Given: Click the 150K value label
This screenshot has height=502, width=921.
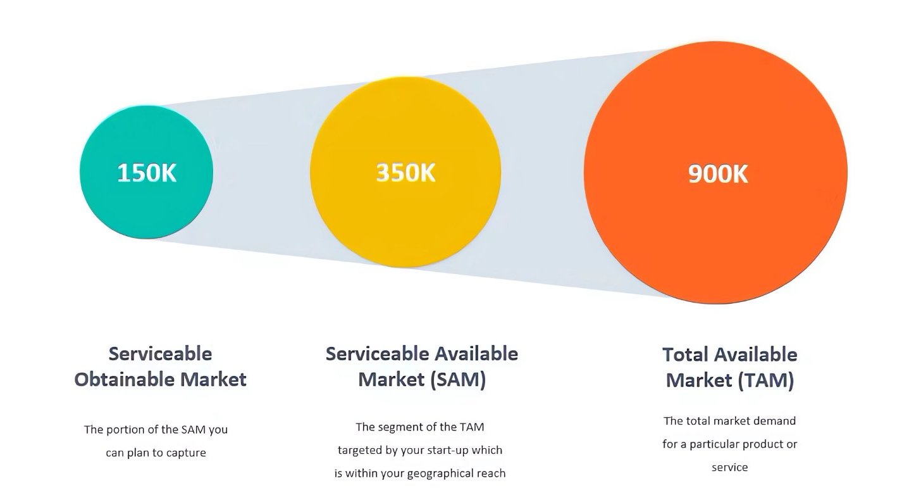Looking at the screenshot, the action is coord(147,173).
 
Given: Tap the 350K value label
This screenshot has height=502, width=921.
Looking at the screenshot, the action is coord(406,173).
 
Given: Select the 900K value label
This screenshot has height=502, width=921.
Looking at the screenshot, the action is coord(718,173).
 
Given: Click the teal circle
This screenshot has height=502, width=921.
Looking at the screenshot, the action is coord(146,172).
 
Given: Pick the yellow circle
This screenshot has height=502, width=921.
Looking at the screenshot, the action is coord(405,172).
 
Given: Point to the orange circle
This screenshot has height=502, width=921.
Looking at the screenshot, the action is coord(715,172).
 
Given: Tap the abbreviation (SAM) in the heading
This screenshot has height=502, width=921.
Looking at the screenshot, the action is coord(458,379).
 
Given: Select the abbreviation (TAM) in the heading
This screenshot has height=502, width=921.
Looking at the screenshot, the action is coord(766,380).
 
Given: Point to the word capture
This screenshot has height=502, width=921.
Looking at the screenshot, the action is coord(186,453).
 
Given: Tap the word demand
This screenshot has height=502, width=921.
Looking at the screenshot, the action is coord(776,421).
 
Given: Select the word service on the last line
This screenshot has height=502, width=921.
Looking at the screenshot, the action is coord(730,467).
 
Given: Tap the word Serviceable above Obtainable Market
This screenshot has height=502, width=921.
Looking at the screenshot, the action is coord(161,354).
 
